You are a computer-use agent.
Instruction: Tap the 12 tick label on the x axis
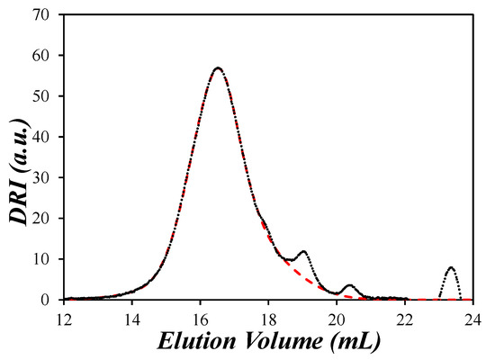(x=64, y=318)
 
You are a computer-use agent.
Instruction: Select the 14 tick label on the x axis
(x=131, y=318)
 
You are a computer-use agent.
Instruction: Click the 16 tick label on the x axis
(x=200, y=318)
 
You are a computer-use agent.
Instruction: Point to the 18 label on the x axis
(x=268, y=318)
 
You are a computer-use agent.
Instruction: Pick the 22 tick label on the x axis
(x=405, y=318)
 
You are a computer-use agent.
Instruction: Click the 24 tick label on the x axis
(x=472, y=318)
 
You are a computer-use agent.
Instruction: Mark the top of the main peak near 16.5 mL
(x=218, y=67)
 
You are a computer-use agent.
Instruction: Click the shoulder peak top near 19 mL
(x=303, y=252)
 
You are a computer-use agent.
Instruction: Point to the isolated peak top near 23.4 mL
(x=451, y=268)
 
